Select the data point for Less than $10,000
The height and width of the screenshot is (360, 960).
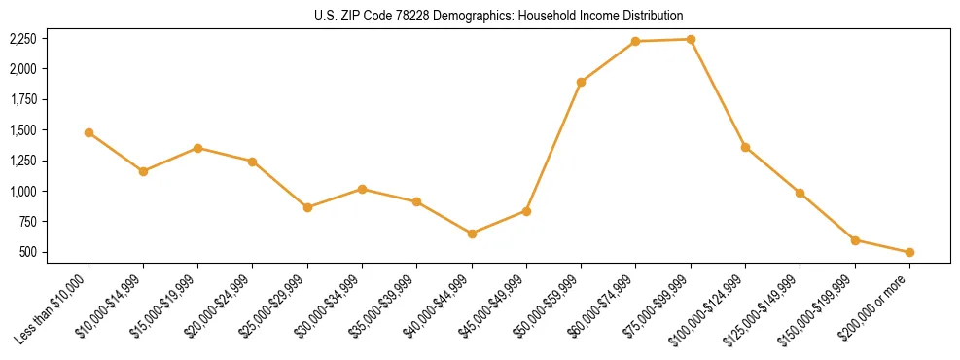89,132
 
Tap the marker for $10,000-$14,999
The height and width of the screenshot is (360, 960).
143,171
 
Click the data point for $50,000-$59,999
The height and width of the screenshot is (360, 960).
581,82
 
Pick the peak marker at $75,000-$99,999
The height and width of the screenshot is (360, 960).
691,39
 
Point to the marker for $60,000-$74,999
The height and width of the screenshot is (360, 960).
635,41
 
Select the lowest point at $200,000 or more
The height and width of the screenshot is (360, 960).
909,252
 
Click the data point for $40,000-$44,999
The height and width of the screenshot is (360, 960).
472,234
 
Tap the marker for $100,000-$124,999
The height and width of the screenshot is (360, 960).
745,147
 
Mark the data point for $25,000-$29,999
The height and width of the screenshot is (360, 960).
307,207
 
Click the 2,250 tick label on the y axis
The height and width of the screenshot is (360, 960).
22,39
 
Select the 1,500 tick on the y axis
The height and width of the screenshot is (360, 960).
22,130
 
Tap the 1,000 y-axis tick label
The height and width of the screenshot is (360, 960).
22,192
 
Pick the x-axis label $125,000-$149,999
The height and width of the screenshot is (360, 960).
767,307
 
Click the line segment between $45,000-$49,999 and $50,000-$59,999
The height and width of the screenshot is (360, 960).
553,146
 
